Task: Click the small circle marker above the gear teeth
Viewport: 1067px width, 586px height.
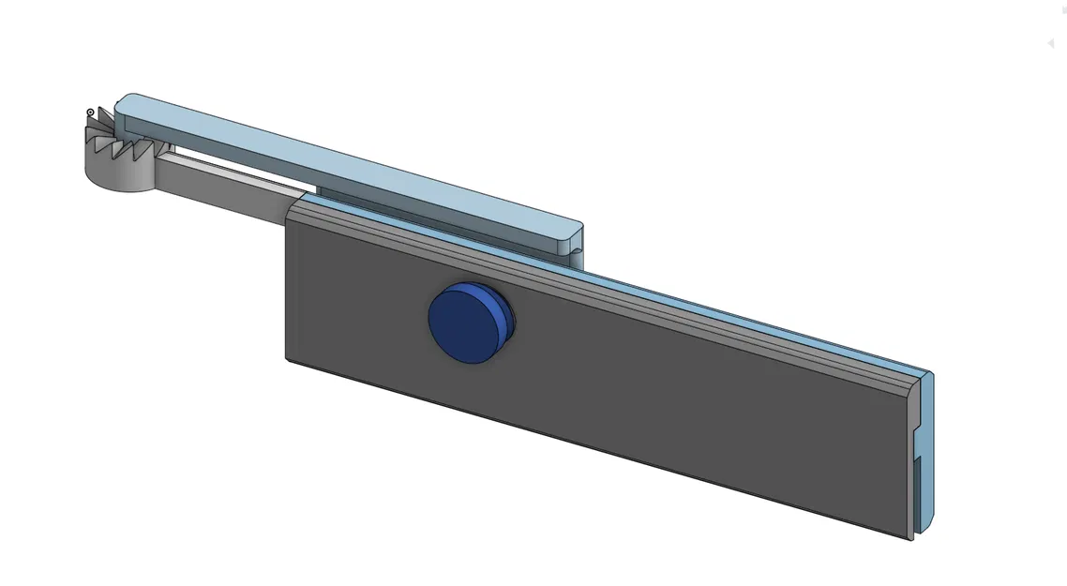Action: click(91, 113)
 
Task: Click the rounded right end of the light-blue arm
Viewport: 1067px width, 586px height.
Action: click(578, 233)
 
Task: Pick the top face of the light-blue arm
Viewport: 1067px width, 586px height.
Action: click(347, 159)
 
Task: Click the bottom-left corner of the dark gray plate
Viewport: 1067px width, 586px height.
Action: click(288, 357)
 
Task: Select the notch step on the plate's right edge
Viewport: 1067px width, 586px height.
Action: click(915, 458)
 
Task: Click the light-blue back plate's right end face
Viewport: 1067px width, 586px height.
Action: click(926, 450)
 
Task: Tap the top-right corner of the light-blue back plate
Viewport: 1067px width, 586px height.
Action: click(930, 373)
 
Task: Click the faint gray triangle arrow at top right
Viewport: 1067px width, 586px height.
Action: click(1051, 43)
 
